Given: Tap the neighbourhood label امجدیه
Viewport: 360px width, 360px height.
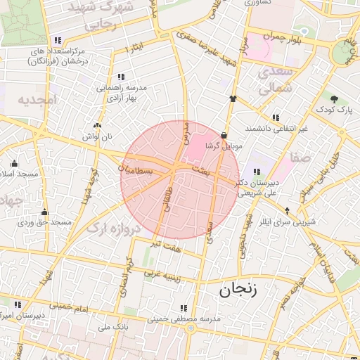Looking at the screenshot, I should (x=36, y=99).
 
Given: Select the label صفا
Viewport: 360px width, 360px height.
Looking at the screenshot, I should (x=303, y=157).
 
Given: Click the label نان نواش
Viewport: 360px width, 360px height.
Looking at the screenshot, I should (x=97, y=135).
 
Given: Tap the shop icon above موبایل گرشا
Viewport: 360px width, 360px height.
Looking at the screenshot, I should (x=224, y=135).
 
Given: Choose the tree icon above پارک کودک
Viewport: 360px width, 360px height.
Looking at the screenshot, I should (x=334, y=98).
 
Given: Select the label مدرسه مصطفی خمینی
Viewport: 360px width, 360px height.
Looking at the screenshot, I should (x=184, y=319).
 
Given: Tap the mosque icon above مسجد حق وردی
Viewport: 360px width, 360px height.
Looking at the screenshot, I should (x=44, y=212).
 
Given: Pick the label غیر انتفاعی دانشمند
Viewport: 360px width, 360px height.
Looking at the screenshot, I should (x=276, y=129).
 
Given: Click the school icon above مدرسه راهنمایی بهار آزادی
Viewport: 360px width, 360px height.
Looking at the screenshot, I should (x=121, y=77).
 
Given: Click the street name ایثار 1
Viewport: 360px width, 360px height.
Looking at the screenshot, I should (x=133, y=48).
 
